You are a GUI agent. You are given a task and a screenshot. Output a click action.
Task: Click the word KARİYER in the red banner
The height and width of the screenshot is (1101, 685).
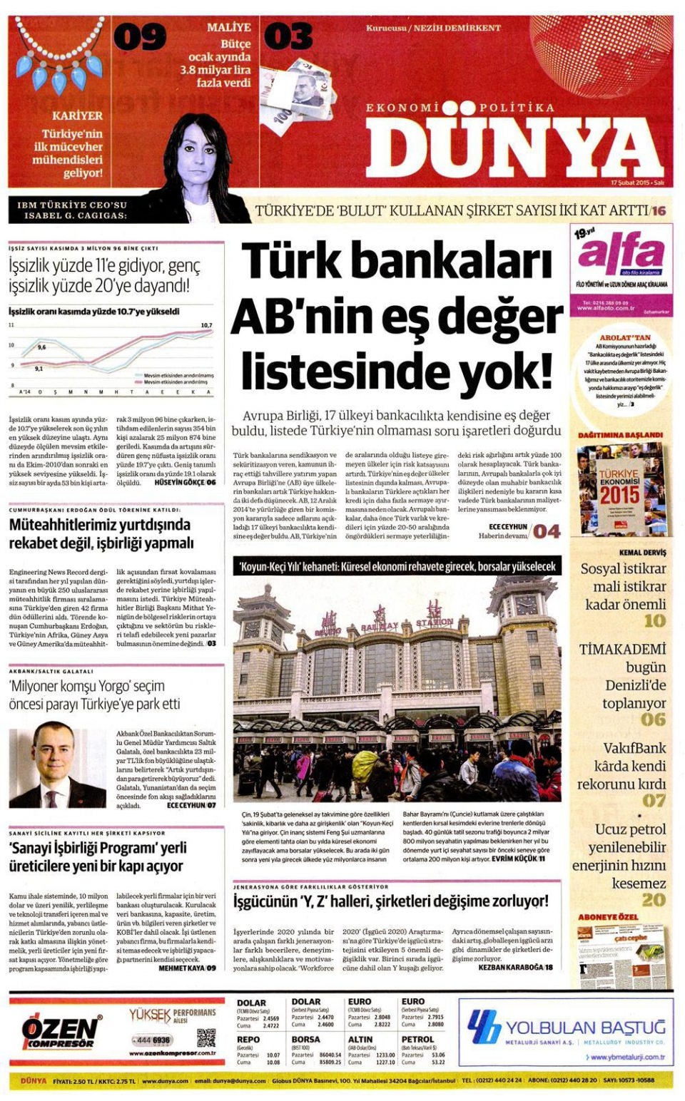[x=77, y=115]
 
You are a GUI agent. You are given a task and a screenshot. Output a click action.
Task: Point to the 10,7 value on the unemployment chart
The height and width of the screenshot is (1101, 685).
[x=206, y=325]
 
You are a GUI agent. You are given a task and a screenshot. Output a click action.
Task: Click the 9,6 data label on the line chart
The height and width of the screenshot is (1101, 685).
[x=41, y=347]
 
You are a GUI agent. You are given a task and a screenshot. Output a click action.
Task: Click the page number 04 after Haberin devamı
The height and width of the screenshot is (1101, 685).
[x=547, y=531]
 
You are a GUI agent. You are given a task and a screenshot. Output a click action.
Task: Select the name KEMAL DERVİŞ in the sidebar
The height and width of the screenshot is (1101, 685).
[x=642, y=553]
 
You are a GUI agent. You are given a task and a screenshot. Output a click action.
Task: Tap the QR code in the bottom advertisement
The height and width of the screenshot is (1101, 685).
[x=206, y=1038]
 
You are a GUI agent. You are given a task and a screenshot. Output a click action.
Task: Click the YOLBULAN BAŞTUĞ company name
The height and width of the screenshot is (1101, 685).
[x=585, y=1027]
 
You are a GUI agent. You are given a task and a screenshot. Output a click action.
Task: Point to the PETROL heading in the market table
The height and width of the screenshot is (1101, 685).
[x=417, y=1039]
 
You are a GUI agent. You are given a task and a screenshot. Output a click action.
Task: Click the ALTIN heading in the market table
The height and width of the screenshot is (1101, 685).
[x=360, y=1039]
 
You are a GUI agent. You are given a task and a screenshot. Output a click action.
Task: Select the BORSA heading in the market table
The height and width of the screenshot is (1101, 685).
[x=305, y=1039]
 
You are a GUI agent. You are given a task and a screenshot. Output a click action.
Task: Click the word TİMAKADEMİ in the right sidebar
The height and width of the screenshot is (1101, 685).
[x=622, y=650]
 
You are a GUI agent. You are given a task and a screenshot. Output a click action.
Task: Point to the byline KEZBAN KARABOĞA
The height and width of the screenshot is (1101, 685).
[x=511, y=967]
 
